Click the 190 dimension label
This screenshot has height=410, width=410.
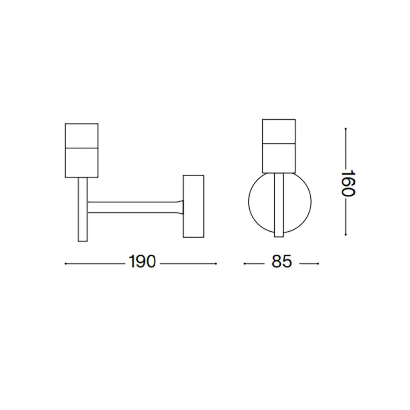(142, 262)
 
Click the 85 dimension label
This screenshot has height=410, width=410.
(281, 262)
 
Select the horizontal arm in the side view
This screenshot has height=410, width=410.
(131, 207)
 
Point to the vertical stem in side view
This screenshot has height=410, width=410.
(82, 209)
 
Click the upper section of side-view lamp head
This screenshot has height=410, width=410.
(82, 135)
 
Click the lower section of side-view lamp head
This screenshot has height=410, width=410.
(82, 163)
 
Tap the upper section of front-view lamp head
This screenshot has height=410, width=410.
(279, 131)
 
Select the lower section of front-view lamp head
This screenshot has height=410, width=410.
(279, 157)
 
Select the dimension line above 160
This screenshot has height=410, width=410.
(347, 148)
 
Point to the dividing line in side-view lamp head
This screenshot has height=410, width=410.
(82, 147)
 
